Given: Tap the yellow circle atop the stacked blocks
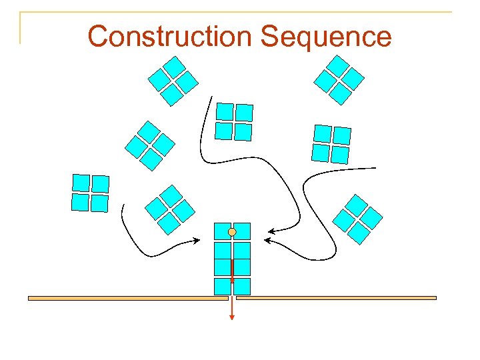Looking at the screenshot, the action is [x=232, y=231].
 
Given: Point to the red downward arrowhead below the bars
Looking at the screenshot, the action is [x=232, y=317].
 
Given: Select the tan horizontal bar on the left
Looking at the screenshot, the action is [x=127, y=298].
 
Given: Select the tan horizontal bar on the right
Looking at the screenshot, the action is [x=336, y=298].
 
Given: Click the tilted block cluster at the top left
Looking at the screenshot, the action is [x=173, y=81].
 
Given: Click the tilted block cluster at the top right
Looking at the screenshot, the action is [x=339, y=79].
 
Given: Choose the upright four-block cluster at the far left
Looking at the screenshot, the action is [x=90, y=193].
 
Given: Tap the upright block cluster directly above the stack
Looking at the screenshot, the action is [x=234, y=121].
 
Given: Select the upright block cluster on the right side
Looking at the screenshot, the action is [x=331, y=144].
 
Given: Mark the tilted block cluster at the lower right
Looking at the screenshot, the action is [x=357, y=219].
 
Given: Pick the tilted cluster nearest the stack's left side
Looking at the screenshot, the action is [x=170, y=209].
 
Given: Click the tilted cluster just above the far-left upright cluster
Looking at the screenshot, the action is [x=150, y=145].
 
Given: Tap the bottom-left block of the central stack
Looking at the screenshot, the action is [x=222, y=287].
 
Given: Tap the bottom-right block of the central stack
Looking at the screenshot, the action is [x=242, y=287].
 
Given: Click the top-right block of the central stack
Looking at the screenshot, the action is [x=242, y=231].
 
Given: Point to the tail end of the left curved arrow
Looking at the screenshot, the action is [x=123, y=205].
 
